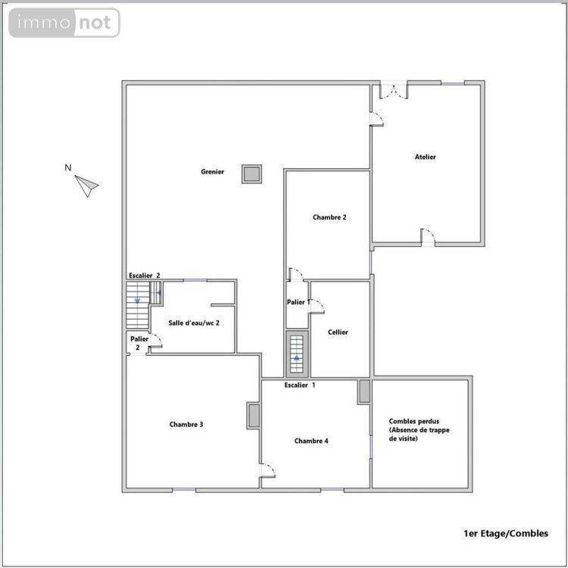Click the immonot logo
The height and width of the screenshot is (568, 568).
(x=64, y=23)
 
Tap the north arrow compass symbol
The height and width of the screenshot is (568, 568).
(x=86, y=185)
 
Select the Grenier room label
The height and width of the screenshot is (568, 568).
(x=212, y=172)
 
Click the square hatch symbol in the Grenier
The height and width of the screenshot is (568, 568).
(x=251, y=173)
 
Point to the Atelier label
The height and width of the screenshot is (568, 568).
(x=425, y=157)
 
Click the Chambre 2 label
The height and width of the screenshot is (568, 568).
(x=329, y=217)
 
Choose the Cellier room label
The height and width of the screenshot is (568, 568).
(x=338, y=332)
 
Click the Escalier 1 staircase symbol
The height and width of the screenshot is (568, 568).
(x=297, y=354)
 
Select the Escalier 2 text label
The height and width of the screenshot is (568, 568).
(x=144, y=276)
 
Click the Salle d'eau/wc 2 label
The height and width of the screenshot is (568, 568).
(x=194, y=323)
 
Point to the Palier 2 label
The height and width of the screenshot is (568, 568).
(x=139, y=343)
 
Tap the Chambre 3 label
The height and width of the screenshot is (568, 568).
(x=186, y=424)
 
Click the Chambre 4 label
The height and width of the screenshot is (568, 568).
(x=311, y=441)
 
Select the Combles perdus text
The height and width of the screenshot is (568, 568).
(x=414, y=429)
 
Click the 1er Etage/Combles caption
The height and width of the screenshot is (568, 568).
(x=505, y=533)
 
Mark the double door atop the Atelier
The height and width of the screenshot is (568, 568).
(x=393, y=90)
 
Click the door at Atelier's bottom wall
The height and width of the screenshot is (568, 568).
(x=429, y=236)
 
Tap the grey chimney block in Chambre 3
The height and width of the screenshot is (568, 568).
(x=254, y=417)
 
